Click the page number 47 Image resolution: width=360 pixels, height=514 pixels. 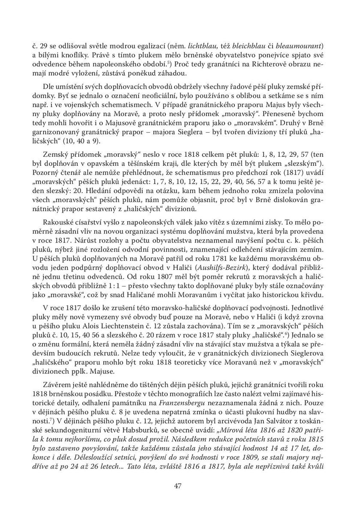coord(180,486)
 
